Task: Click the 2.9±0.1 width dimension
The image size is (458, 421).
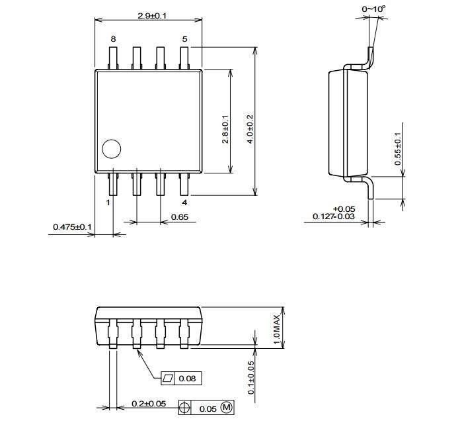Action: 152,16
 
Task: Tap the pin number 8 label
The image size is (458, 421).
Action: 113,39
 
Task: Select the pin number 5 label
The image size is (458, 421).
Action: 184,39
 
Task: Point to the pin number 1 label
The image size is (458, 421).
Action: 108,203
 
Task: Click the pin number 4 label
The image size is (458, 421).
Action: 184,203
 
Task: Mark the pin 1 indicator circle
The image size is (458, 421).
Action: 111,149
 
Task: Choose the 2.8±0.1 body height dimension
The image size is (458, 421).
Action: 225,129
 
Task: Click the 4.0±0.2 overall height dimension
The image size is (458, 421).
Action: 250,129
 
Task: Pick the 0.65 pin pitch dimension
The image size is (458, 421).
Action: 180,217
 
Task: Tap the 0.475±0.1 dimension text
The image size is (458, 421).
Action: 72,227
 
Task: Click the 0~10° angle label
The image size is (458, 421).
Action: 373,9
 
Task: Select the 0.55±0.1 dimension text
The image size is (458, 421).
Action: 398,149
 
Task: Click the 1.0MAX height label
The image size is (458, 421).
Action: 277,330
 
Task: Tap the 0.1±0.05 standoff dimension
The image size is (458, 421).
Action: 251,378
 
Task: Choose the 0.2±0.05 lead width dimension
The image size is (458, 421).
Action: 149,404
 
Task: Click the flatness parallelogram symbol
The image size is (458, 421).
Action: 168,378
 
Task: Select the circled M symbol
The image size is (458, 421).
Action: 227,407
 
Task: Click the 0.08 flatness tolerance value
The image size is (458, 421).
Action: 187,379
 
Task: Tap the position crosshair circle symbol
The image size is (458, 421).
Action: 184,408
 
